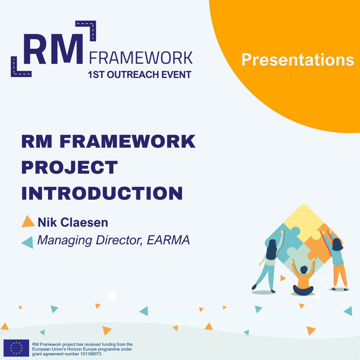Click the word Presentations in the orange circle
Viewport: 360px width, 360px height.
point(298,60)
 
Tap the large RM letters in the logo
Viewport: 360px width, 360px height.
point(53,49)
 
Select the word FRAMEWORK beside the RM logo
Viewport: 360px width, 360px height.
point(141,58)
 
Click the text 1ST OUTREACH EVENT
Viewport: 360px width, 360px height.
point(140,75)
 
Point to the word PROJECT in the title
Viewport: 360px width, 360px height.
point(70,167)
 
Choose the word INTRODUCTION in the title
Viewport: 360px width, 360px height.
point(102,193)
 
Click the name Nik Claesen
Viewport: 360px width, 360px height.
point(73,222)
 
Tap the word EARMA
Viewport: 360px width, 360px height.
point(168,240)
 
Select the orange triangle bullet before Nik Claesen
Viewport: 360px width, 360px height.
point(28,222)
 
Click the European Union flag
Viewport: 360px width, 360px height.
point(16,348)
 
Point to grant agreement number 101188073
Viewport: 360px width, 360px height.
point(67,354)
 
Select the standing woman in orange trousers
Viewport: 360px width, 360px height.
point(336,260)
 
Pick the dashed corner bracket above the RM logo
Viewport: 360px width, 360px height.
point(88,28)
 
